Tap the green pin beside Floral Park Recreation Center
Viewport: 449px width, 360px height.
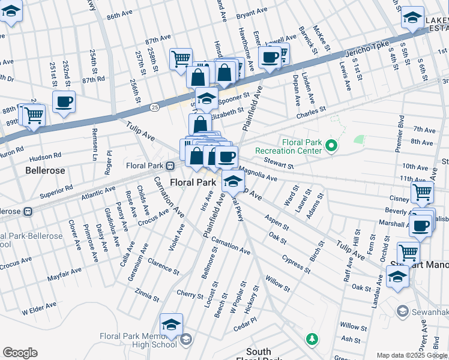tap(330, 145)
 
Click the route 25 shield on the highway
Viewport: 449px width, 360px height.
tap(155, 107)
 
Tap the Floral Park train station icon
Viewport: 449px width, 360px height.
tap(170, 165)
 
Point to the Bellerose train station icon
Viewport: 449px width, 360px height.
tap(27, 211)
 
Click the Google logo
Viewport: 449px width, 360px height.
tap(20, 353)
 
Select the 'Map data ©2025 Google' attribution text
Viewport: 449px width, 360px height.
tap(412, 355)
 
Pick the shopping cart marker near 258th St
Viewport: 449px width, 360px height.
tap(181, 59)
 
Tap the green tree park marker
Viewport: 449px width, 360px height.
tap(312, 340)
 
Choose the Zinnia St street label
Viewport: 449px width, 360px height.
tap(148, 295)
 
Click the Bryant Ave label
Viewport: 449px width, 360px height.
tap(252, 12)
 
